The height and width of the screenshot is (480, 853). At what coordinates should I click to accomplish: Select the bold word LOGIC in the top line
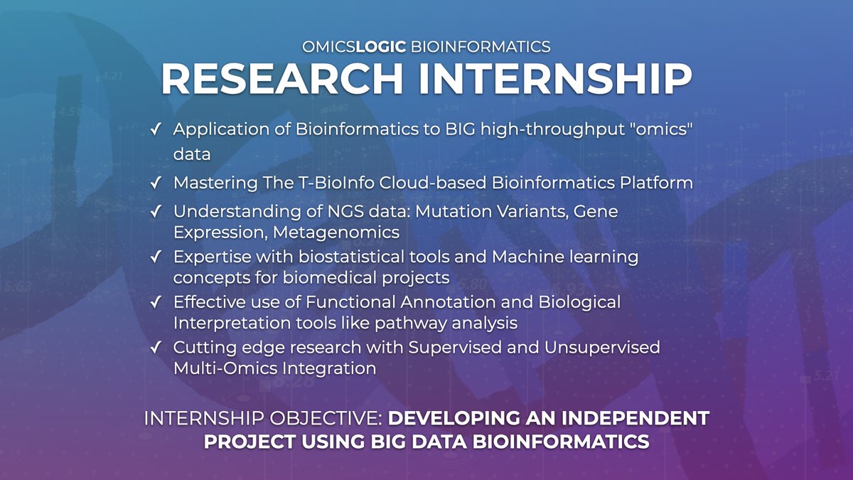380,47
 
